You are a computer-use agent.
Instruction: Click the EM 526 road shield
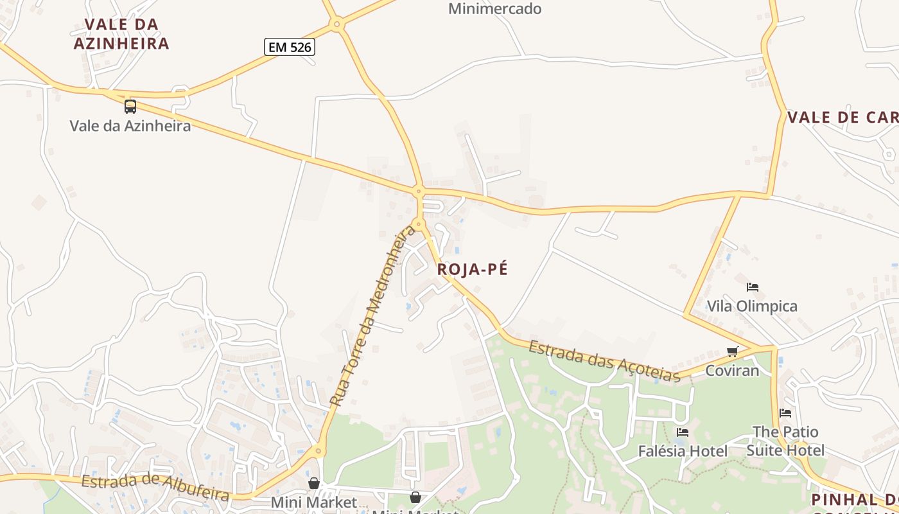290,46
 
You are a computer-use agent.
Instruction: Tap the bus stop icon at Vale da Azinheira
130,107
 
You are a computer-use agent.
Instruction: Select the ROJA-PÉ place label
472,270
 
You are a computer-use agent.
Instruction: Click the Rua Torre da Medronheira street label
372,315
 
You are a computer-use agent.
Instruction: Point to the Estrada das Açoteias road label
604,361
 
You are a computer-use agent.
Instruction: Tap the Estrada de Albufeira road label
155,488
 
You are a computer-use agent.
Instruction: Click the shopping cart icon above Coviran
732,351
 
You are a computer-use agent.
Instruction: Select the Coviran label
732,371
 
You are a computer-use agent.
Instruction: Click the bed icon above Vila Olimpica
753,287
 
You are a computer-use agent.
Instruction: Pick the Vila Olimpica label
752,306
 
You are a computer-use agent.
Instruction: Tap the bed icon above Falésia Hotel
682,432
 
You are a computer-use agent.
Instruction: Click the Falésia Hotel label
683,452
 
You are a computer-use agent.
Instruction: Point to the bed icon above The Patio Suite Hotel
785,412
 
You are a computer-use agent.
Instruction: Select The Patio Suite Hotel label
785,441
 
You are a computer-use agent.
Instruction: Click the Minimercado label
494,9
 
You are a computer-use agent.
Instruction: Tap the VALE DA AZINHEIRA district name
121,34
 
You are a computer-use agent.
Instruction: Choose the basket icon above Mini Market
314,483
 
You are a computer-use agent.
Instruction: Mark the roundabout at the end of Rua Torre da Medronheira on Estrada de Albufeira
319,451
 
